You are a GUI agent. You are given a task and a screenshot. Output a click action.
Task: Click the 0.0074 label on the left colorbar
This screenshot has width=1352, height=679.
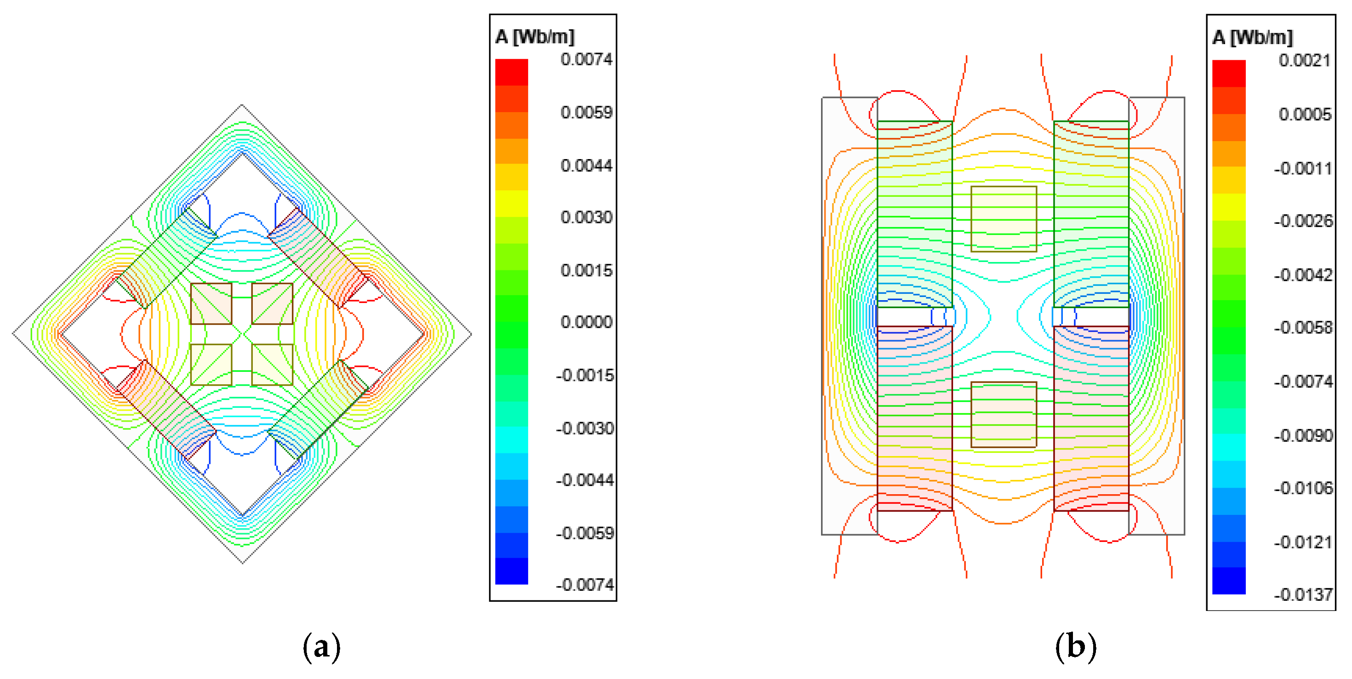[586, 59]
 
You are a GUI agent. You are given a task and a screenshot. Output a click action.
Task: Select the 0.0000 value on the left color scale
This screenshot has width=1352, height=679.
[586, 322]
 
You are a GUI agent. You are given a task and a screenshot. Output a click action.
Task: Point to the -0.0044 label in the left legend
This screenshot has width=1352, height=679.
[585, 479]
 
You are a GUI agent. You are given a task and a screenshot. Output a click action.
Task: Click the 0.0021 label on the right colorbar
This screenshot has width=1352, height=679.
[1305, 60]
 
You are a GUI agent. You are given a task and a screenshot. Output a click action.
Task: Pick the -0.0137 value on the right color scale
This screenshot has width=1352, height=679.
[1303, 594]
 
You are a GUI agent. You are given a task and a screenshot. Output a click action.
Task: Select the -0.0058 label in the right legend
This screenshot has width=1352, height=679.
[1303, 327]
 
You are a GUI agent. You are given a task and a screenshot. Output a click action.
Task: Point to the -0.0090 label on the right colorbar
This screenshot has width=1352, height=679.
[1303, 435]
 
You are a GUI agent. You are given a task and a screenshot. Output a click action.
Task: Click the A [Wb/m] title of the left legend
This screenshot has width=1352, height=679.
[535, 37]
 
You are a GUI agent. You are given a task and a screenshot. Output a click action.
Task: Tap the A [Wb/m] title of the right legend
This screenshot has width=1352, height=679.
[1253, 37]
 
